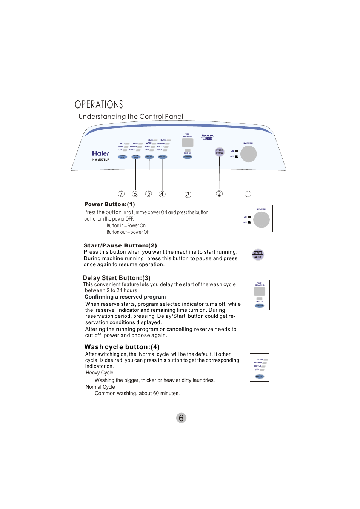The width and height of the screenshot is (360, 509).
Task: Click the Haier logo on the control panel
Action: tap(100, 153)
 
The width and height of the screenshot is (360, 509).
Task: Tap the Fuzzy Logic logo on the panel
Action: tap(207, 137)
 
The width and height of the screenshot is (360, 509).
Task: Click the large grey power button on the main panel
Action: tap(248, 154)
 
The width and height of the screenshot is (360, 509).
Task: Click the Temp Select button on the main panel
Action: tap(122, 157)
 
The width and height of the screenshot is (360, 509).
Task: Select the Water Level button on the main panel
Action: tap(136, 157)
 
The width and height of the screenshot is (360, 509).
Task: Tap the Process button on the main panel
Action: tap(149, 157)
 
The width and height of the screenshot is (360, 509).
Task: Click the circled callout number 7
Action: tap(121, 194)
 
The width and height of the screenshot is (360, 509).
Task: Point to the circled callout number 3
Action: tap(188, 195)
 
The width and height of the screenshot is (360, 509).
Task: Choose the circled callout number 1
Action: tap(248, 194)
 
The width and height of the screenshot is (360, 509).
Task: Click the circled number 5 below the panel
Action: tap(149, 194)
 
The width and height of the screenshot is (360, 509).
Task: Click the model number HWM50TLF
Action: tap(101, 160)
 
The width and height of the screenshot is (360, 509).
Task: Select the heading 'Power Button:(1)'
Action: tap(109, 204)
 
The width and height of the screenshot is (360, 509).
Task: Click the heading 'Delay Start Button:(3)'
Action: tap(117, 278)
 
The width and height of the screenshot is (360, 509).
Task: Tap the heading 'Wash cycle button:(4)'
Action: tap(122, 347)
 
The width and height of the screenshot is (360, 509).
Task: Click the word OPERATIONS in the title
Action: tap(99, 104)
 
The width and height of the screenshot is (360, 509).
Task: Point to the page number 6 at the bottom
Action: tap(181, 418)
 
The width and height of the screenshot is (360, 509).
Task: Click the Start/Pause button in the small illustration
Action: tap(258, 255)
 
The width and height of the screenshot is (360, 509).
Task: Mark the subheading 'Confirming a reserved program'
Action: tap(125, 297)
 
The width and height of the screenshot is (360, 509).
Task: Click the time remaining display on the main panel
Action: tap(188, 143)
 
